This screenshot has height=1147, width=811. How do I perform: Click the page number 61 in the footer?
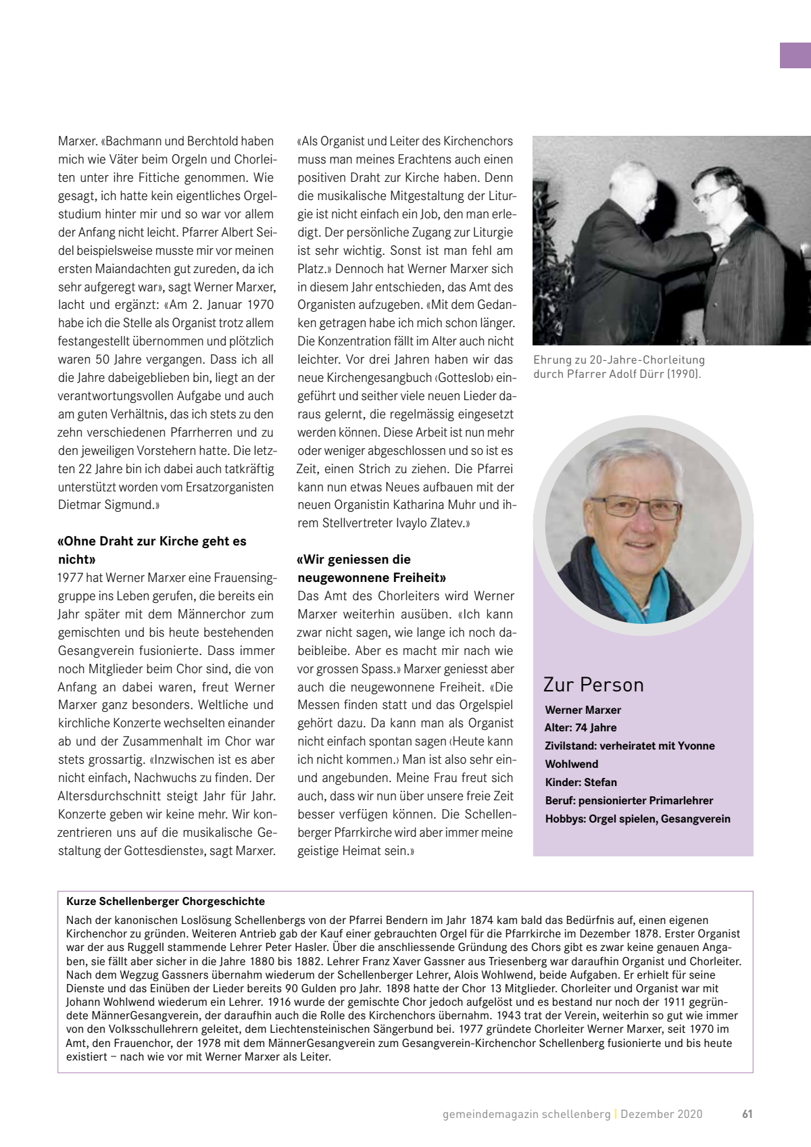point(747,1115)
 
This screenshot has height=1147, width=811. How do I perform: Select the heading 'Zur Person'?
point(593,685)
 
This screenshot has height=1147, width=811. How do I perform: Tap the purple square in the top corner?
point(795,55)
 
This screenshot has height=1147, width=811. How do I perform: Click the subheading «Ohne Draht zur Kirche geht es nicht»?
point(152,550)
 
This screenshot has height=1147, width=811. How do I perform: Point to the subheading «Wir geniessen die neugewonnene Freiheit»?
point(371,568)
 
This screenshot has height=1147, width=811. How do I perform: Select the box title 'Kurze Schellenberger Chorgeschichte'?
point(166,902)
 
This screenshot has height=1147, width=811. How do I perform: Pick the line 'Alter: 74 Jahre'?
point(581,728)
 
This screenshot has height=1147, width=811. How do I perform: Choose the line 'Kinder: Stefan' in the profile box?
point(581,783)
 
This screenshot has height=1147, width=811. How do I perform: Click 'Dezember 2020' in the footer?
point(662,1115)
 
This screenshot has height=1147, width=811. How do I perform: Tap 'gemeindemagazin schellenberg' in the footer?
point(526,1115)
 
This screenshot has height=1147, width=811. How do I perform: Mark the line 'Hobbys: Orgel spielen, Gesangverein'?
point(637,819)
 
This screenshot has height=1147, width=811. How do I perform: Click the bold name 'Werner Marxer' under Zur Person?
point(583,710)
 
